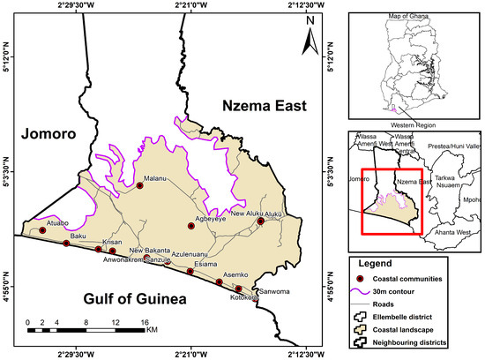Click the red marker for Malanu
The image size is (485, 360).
tap(139, 185)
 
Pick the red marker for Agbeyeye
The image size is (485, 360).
tap(190, 227)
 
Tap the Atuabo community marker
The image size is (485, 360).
tap(42, 230)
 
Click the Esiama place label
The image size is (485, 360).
tap(205, 263)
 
